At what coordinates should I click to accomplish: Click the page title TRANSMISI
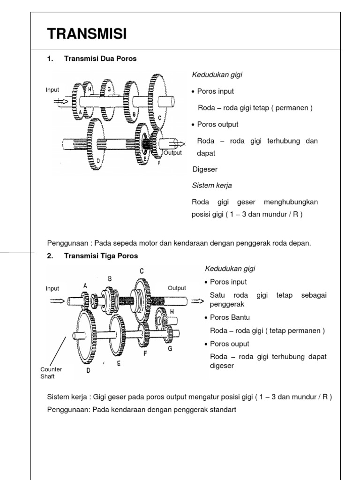[x=87, y=34]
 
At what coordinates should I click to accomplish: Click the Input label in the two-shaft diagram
[x=52, y=90]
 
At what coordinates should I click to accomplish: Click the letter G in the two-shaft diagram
[x=109, y=89]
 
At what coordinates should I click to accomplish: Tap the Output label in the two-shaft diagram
[x=172, y=153]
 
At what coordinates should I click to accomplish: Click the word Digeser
[x=205, y=169]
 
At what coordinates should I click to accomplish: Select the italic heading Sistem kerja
[x=212, y=185]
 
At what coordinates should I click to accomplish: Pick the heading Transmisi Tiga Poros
[x=101, y=255]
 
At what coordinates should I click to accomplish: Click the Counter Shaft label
[x=51, y=373]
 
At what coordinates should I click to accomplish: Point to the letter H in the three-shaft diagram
[x=172, y=311]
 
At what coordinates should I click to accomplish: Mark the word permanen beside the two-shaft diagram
[x=293, y=108]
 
